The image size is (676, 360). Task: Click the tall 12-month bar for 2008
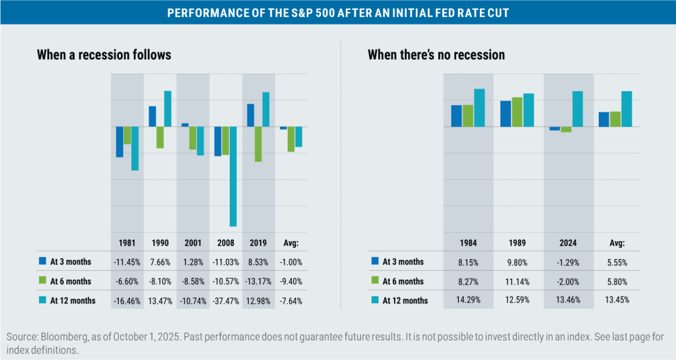233,176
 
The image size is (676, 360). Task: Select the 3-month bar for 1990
152,116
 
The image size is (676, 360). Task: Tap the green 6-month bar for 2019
258,144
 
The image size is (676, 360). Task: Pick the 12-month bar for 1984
479,108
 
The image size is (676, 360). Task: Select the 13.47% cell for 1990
160,301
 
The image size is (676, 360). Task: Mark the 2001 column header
193,242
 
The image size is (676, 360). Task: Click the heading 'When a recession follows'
104,55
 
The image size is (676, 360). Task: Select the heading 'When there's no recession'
436,55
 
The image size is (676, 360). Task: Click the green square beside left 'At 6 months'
43,281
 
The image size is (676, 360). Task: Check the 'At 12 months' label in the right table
405,301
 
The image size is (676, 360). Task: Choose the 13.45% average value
617,301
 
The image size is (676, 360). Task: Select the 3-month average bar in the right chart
603,120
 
